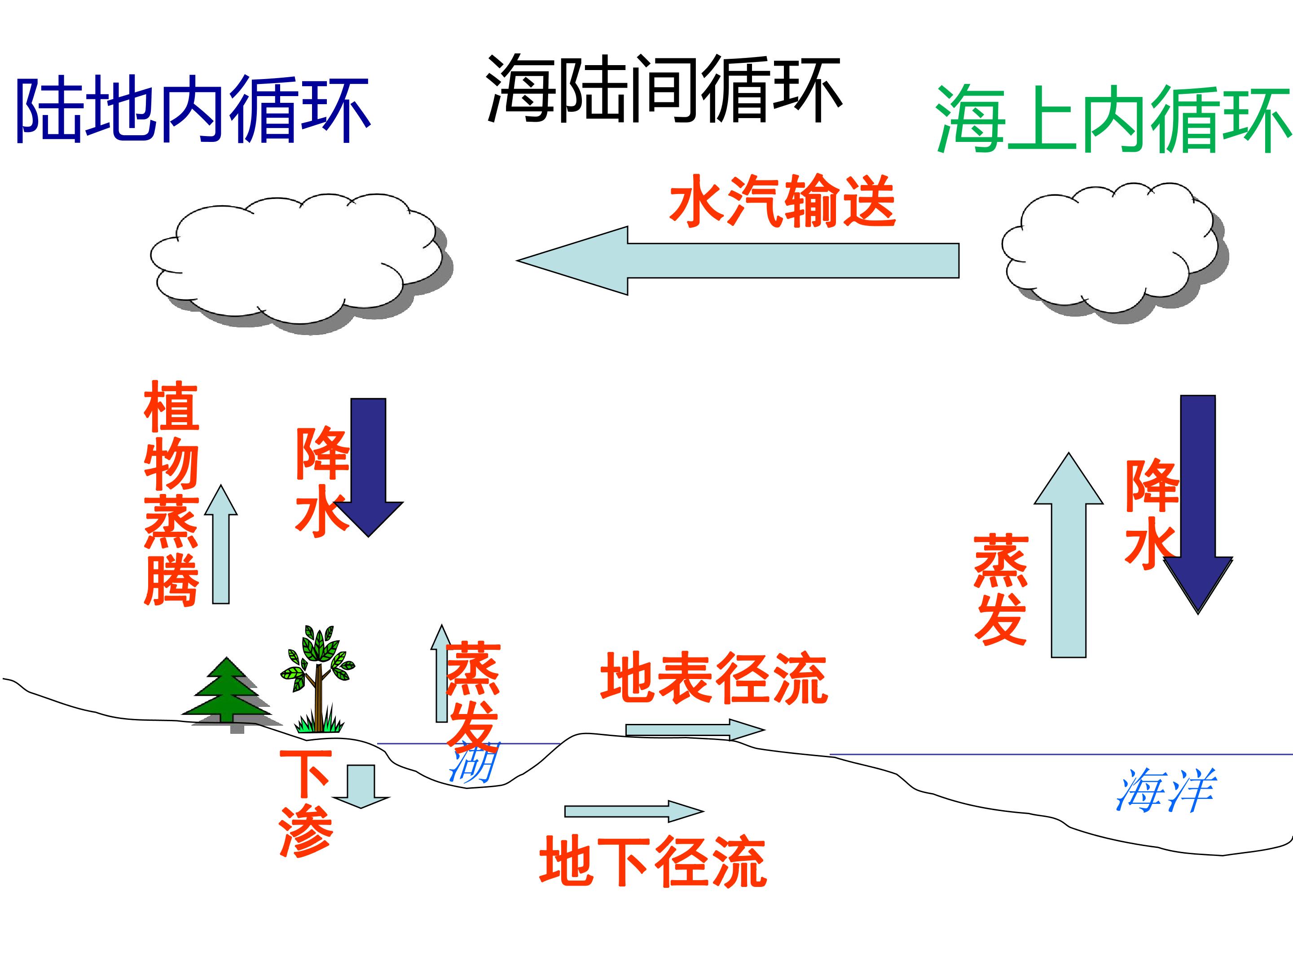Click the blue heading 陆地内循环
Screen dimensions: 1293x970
tap(193, 110)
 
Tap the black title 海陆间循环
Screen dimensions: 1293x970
tap(664, 89)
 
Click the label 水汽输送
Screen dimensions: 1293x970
tap(782, 201)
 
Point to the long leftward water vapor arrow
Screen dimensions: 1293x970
tap(738, 260)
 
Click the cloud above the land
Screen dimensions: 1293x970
tap(301, 263)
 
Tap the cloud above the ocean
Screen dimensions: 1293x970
tap(1115, 252)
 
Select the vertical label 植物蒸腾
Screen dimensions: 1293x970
tap(171, 493)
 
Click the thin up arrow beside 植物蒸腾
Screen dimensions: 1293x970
tap(221, 544)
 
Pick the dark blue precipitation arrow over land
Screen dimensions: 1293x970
tap(368, 467)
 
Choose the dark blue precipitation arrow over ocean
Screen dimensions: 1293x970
tap(1198, 504)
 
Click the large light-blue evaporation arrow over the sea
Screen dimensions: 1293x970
tap(1069, 555)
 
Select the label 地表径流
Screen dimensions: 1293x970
tap(714, 678)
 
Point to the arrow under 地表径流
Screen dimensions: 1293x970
tap(695, 730)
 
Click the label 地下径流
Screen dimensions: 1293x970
tap(653, 862)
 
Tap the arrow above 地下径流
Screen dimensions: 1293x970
tap(633, 811)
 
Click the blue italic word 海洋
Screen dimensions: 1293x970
tap(1166, 790)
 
